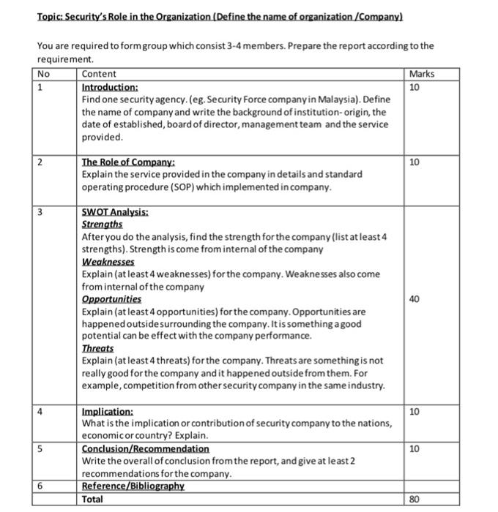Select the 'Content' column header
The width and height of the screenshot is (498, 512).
(x=99, y=74)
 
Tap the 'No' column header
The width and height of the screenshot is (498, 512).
(x=43, y=74)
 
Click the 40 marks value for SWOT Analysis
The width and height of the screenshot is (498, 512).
(x=415, y=298)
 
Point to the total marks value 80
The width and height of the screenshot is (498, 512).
(x=415, y=499)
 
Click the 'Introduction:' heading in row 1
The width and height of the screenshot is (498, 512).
(x=110, y=86)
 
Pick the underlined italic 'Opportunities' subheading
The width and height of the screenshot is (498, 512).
(x=111, y=298)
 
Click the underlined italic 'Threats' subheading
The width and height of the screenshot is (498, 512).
(x=97, y=348)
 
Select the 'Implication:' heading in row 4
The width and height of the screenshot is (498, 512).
(x=108, y=412)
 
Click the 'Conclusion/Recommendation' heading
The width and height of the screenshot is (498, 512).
(x=145, y=448)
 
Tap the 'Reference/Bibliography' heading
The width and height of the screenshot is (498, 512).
(x=133, y=486)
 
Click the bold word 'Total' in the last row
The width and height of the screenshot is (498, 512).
(x=92, y=499)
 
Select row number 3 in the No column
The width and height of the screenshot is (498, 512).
(x=41, y=212)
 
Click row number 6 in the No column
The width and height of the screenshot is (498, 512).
(x=41, y=486)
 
